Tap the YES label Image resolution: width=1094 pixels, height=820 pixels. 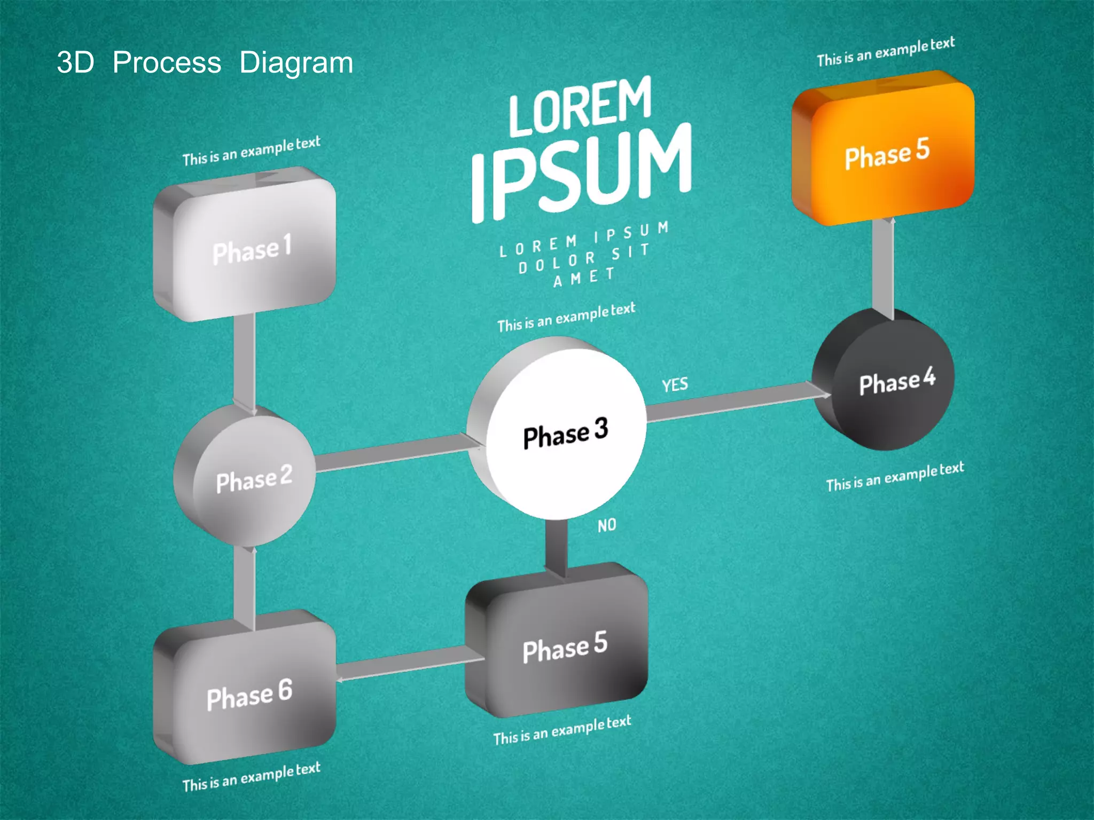coord(675,384)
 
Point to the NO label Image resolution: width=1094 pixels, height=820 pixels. coord(607,525)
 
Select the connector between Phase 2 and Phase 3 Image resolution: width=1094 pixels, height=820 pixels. coord(393,454)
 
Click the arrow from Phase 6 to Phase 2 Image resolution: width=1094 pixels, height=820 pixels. coord(245,587)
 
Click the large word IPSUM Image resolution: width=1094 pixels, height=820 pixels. coord(582,171)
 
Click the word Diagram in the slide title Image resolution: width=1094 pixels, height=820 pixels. coord(296,63)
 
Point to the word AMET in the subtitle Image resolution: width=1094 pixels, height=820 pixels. coord(584,277)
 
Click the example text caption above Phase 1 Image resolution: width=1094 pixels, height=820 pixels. coord(251,151)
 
